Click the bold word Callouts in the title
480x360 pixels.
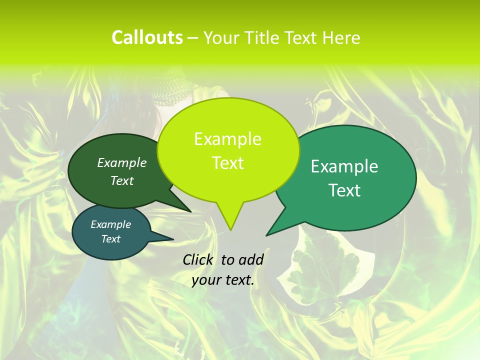(x=147, y=37)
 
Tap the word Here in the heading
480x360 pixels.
(x=342, y=37)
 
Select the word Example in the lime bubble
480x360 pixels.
(x=227, y=139)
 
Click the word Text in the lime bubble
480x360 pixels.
(x=227, y=163)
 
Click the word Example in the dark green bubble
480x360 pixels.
(x=122, y=162)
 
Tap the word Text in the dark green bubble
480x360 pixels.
(x=122, y=180)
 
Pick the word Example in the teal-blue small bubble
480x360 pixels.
(x=110, y=224)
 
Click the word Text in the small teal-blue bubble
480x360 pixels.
(x=110, y=239)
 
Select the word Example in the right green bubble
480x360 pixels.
(x=344, y=166)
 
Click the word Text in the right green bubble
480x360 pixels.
(x=345, y=190)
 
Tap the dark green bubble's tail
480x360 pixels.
(x=187, y=209)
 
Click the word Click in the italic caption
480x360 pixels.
(x=198, y=259)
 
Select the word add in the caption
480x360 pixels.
(x=251, y=259)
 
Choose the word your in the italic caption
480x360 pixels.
(x=206, y=280)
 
